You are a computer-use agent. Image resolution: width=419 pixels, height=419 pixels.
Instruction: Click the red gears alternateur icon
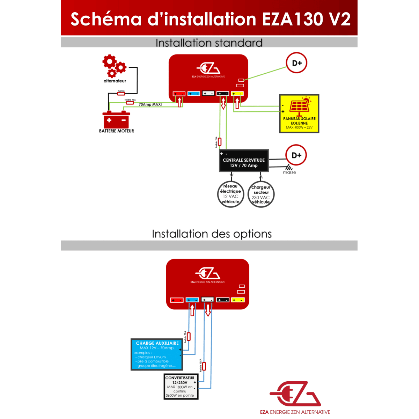114,66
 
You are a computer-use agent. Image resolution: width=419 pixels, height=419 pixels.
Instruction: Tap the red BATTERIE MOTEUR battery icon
116,120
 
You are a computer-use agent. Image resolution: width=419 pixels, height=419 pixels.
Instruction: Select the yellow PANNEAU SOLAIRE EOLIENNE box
299,113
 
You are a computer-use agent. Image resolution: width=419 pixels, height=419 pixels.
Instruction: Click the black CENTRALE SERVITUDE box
244,161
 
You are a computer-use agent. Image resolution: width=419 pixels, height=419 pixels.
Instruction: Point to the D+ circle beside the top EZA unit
296,63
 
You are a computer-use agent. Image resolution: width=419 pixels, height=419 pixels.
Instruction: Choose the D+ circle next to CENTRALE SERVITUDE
296,155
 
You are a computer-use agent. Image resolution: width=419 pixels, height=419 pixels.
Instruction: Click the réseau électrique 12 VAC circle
230,194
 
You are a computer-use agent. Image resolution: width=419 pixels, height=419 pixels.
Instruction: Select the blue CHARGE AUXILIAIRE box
157,354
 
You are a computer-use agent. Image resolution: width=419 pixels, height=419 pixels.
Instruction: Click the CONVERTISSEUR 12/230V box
181,387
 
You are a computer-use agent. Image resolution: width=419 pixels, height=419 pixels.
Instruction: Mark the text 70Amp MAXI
150,104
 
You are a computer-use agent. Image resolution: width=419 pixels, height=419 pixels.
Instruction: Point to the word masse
289,172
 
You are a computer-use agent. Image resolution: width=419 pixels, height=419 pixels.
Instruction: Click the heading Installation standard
209,43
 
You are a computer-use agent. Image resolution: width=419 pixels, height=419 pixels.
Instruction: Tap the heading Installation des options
212,234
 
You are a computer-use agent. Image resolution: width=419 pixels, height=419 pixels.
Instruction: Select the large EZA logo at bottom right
295,394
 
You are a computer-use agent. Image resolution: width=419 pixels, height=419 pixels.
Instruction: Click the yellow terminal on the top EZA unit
237,94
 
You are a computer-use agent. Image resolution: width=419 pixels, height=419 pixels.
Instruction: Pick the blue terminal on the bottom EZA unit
192,300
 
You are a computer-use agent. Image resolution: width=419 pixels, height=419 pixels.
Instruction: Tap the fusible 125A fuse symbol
204,366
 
